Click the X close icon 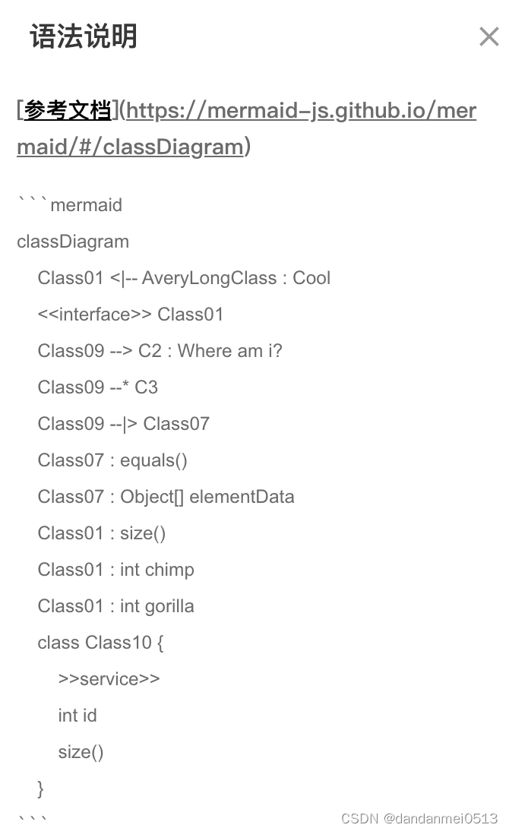[x=488, y=36]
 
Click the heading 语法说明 [x=84, y=36]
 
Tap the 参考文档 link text [x=67, y=111]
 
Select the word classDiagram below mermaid [x=73, y=242]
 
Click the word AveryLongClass [x=209, y=278]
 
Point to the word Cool [x=311, y=278]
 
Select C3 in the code [x=146, y=387]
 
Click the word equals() [x=153, y=460]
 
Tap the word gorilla [x=169, y=606]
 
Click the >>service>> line [x=109, y=679]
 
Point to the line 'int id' [x=77, y=716]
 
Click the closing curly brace [x=41, y=788]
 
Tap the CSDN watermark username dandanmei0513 [x=441, y=818]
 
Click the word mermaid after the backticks [x=86, y=205]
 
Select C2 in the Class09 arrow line [x=150, y=351]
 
